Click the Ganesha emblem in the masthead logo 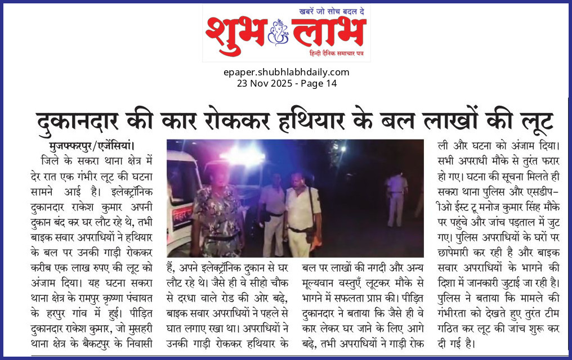pos(278,32)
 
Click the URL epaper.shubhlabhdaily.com pos(286,72)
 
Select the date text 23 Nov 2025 pos(263,83)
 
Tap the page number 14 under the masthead pos(331,83)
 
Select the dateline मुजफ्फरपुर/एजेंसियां pos(92,145)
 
